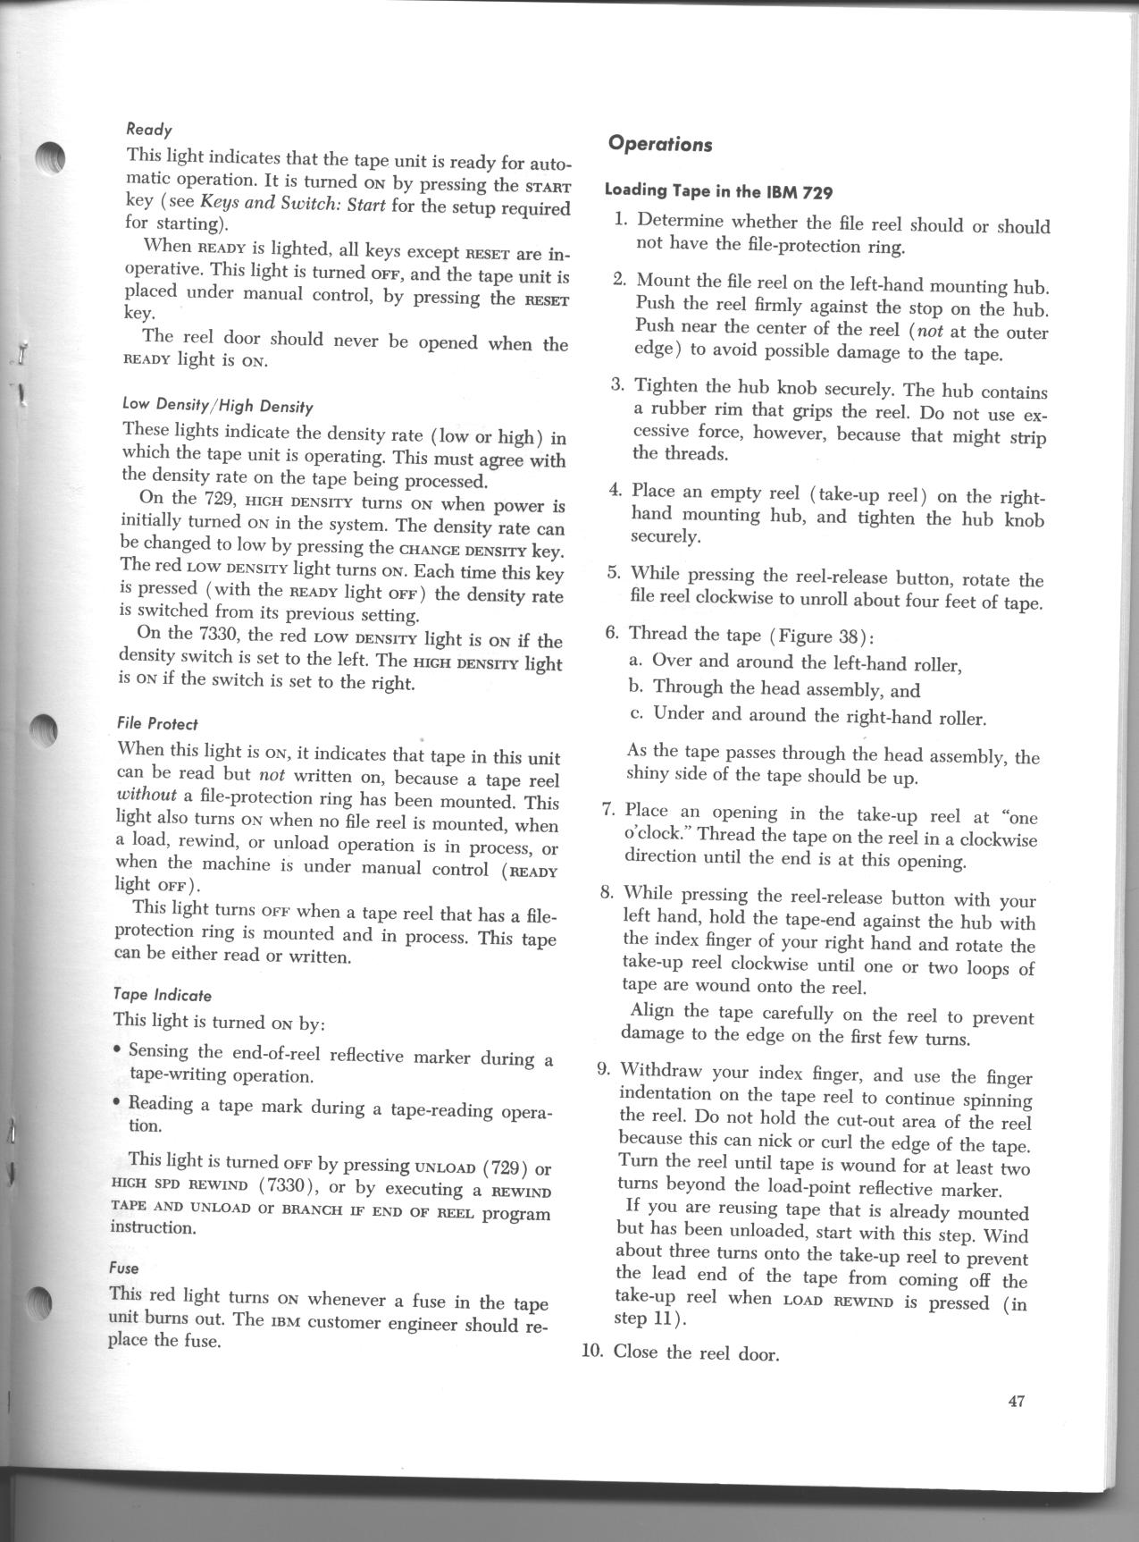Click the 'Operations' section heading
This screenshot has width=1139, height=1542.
(659, 143)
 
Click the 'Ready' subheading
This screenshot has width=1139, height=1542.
(149, 129)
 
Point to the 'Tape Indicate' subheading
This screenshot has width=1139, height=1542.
(162, 994)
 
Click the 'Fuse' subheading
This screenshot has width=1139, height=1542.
(124, 1268)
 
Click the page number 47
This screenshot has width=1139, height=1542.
(1015, 1401)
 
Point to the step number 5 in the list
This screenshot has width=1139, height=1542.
(614, 573)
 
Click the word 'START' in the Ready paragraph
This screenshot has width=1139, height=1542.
(547, 187)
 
